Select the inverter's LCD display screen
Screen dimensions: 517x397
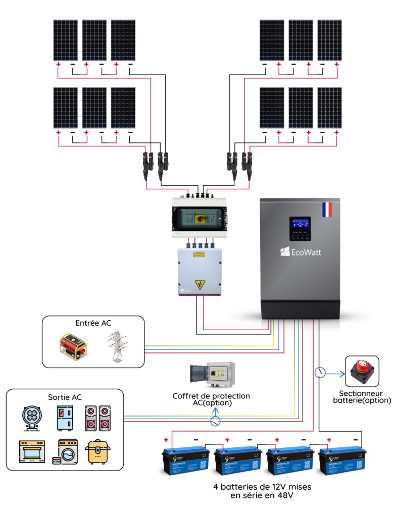[300, 225]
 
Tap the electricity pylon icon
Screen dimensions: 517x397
[115, 347]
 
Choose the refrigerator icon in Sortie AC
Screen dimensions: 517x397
[65, 418]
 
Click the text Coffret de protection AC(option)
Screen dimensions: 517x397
[211, 399]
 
